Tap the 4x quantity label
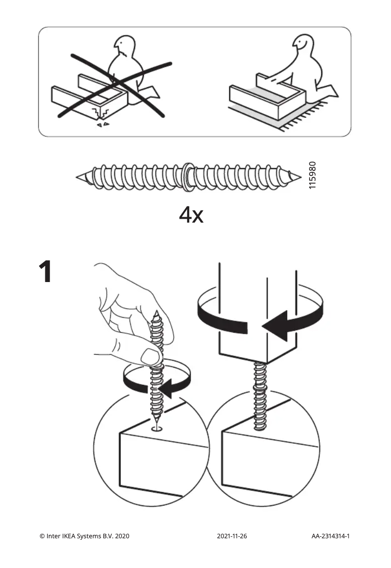191,215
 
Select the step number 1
45,272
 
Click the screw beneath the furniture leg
259,397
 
